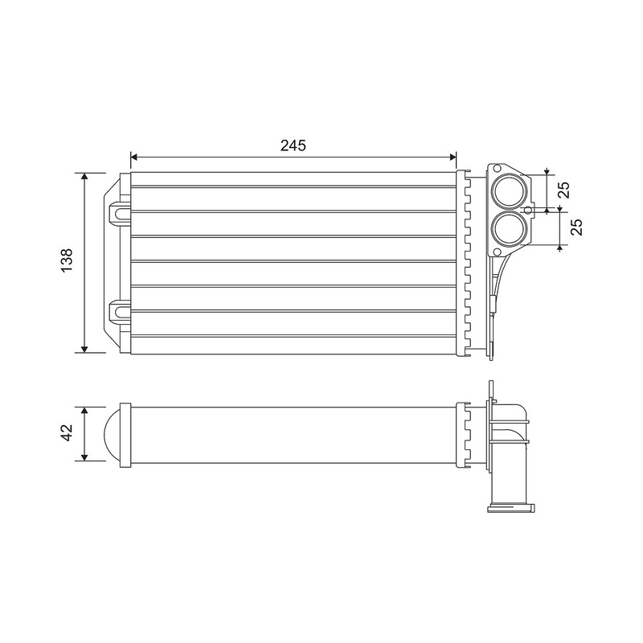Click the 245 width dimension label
click(x=293, y=145)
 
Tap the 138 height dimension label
click(x=66, y=260)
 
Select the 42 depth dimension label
click(x=66, y=433)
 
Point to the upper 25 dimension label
click(x=565, y=190)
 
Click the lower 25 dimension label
click(x=576, y=227)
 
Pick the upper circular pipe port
click(x=510, y=192)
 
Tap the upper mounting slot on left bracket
click(x=120, y=213)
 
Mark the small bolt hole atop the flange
click(x=497, y=168)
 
